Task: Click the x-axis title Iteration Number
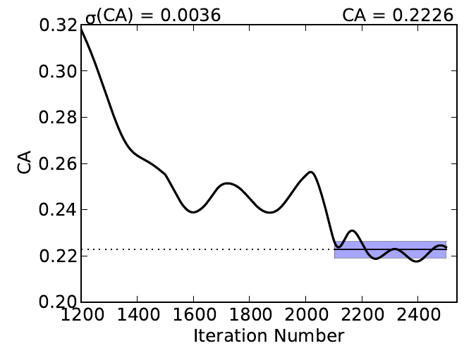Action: point(269,336)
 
